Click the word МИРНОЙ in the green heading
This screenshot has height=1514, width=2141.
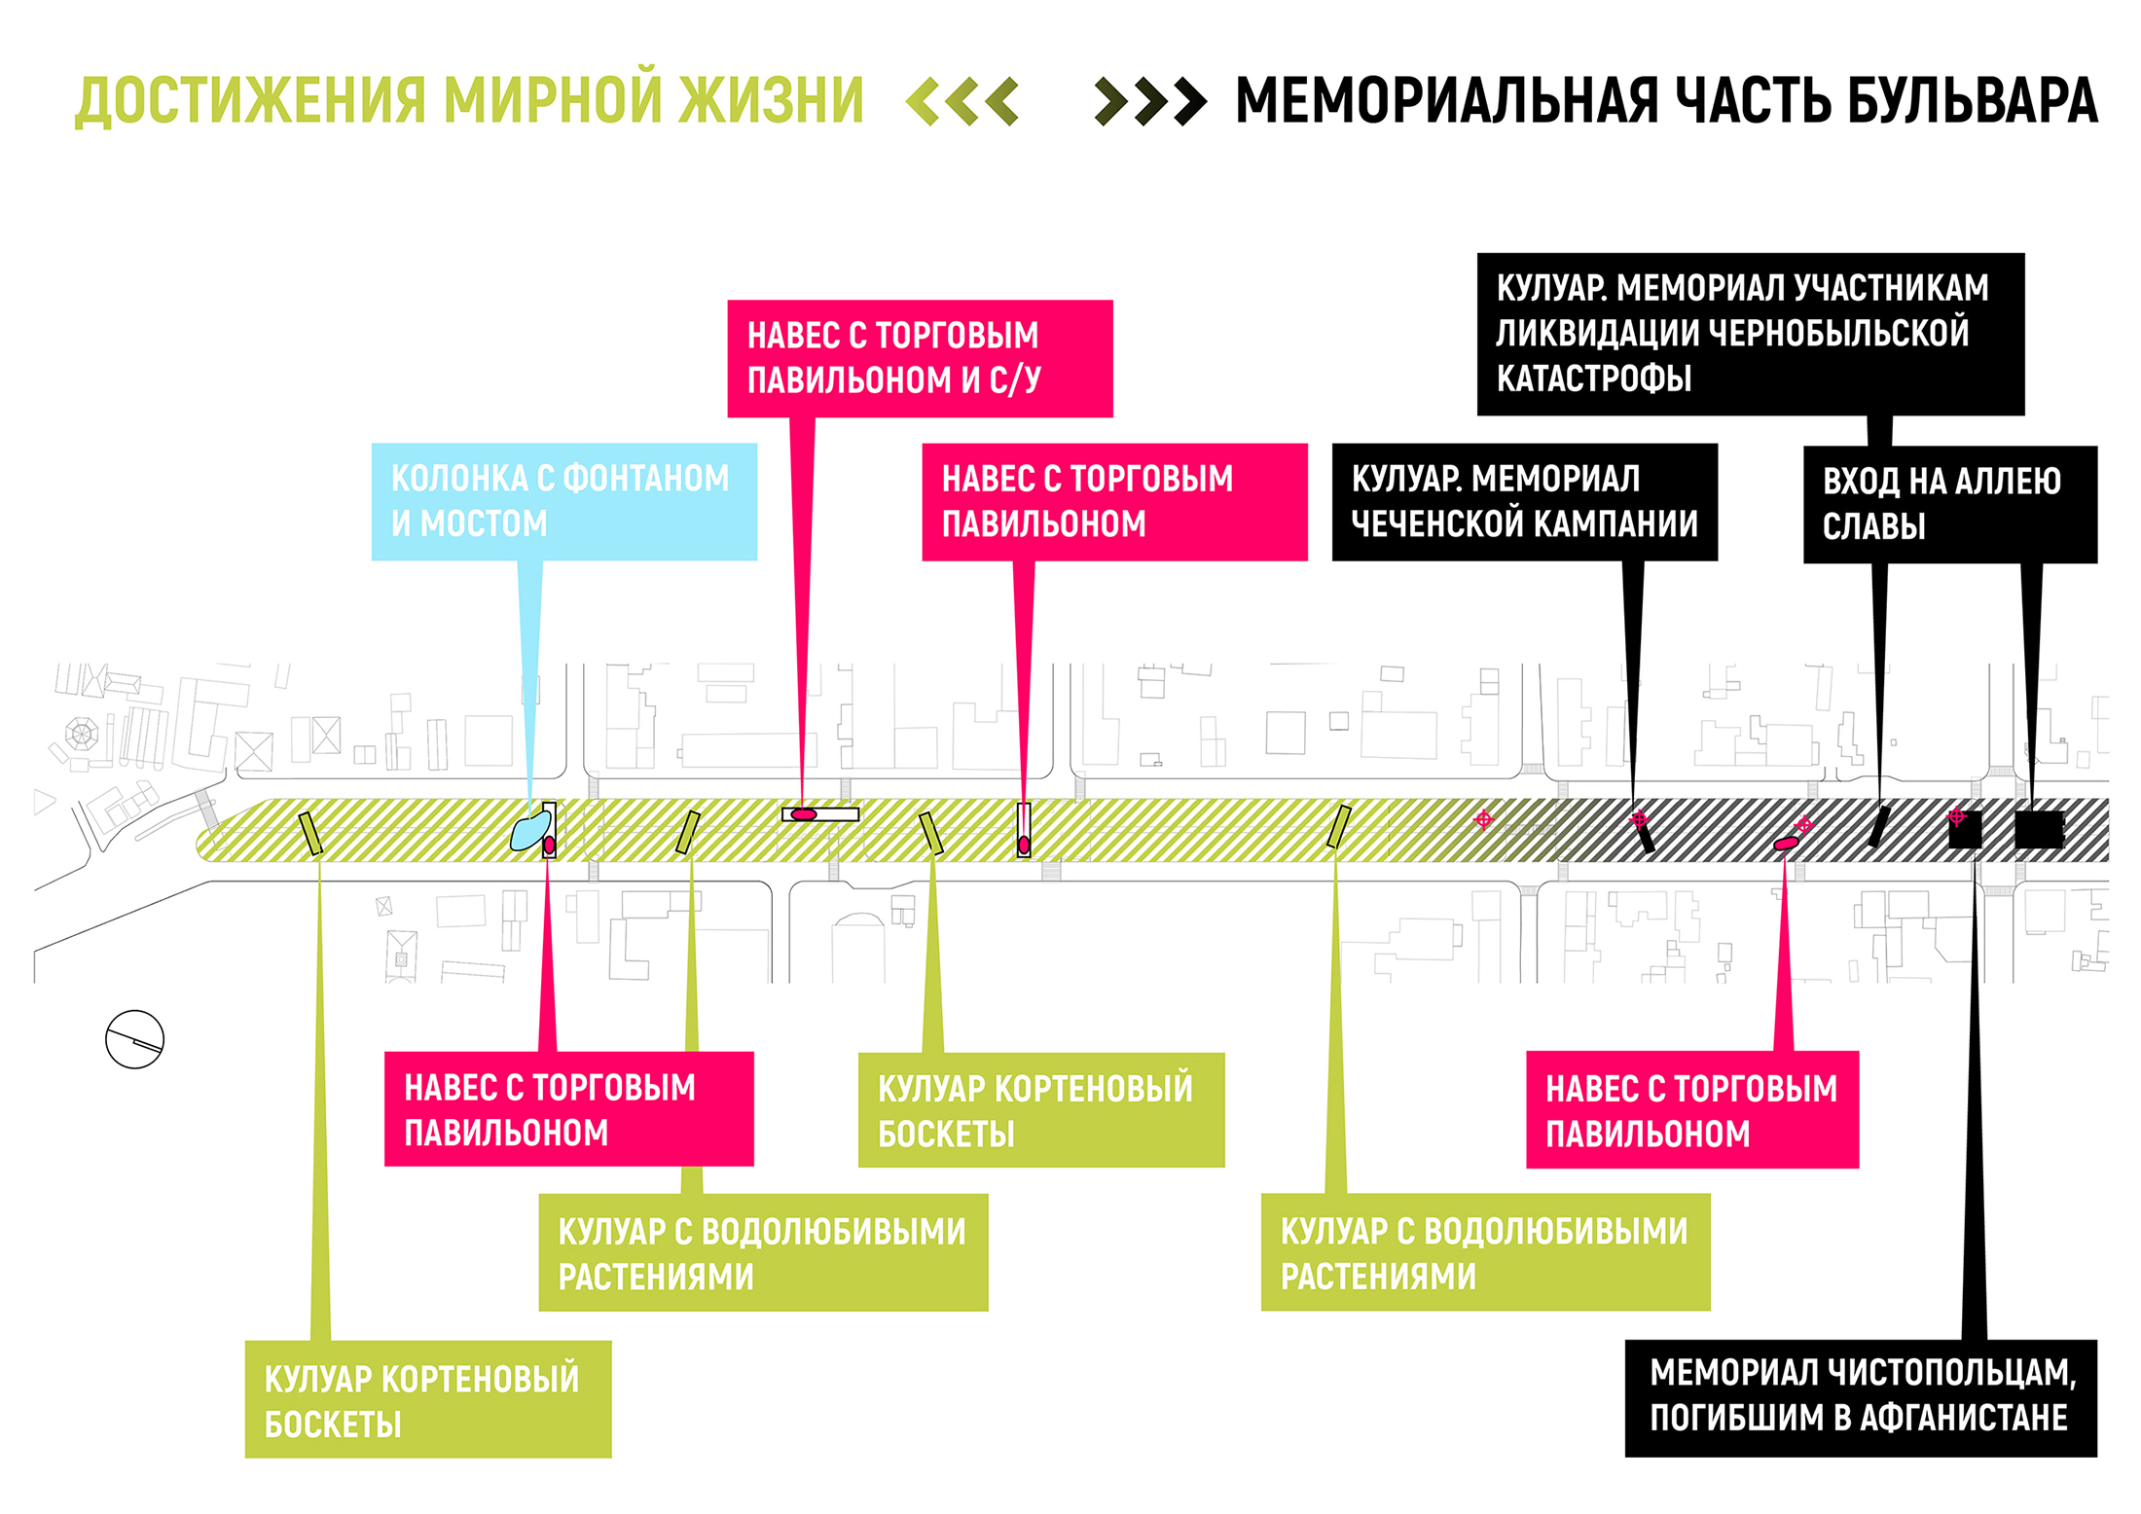(x=553, y=100)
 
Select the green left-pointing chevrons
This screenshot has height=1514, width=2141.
(x=962, y=101)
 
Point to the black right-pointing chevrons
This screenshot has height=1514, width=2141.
(x=1150, y=101)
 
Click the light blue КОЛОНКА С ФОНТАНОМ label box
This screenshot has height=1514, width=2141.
(x=563, y=501)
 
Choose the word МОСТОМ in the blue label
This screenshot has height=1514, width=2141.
(x=483, y=523)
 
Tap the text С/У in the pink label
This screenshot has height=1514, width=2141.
(x=1015, y=379)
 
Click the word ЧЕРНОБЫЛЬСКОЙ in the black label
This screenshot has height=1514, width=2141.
(x=1838, y=333)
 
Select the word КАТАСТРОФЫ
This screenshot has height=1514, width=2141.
(x=1593, y=378)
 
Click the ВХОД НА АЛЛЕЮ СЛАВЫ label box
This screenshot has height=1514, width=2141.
(x=1949, y=504)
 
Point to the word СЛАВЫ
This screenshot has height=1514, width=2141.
(x=1873, y=526)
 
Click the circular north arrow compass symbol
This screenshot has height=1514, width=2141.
(x=134, y=1039)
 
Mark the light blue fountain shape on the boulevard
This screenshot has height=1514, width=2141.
(x=528, y=832)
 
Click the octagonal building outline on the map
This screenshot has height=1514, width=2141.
(x=81, y=733)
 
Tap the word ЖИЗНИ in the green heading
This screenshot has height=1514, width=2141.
(x=771, y=100)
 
